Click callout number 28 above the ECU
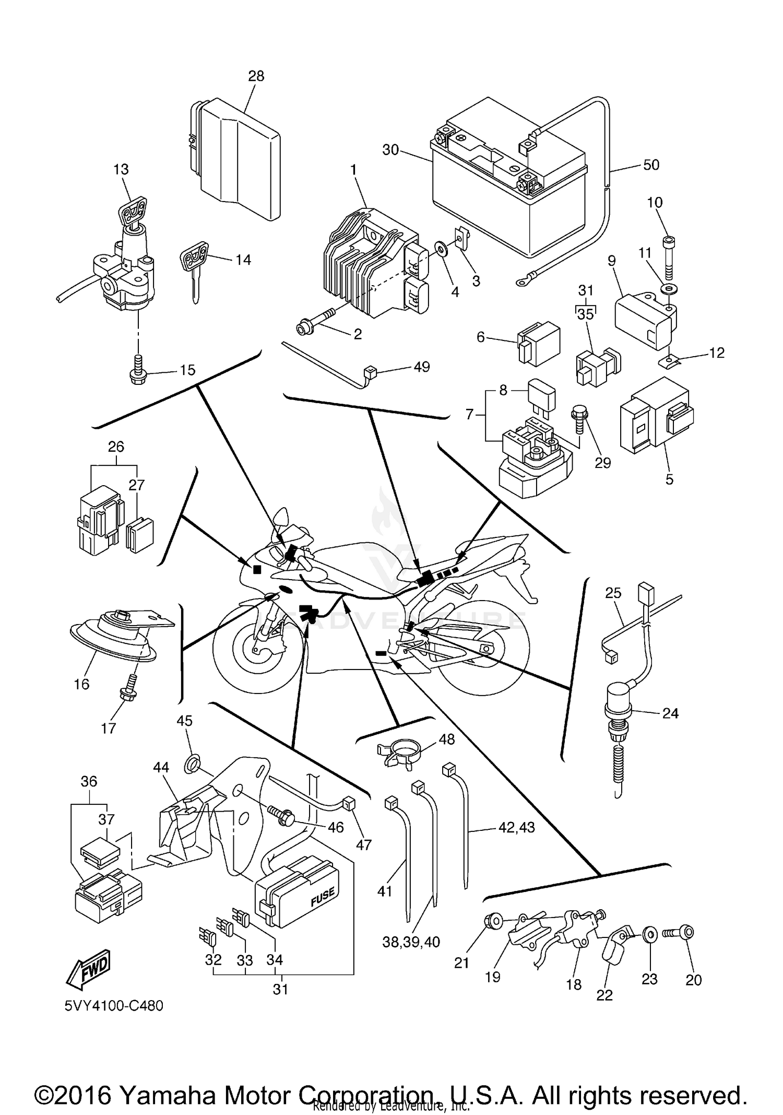(x=256, y=76)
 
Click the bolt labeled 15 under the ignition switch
(x=137, y=370)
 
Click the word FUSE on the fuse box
(x=322, y=896)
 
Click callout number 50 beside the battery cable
(x=651, y=165)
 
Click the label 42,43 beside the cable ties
(x=517, y=827)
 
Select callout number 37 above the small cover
(x=106, y=819)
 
